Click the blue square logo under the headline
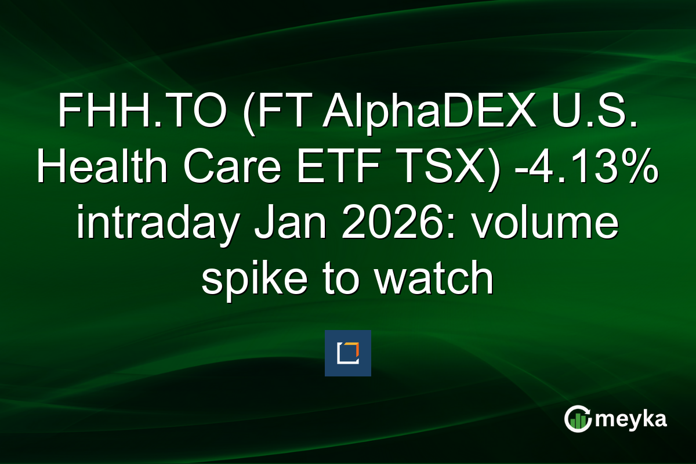pyautogui.click(x=348, y=353)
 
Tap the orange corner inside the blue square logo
pyautogui.click(x=355, y=346)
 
